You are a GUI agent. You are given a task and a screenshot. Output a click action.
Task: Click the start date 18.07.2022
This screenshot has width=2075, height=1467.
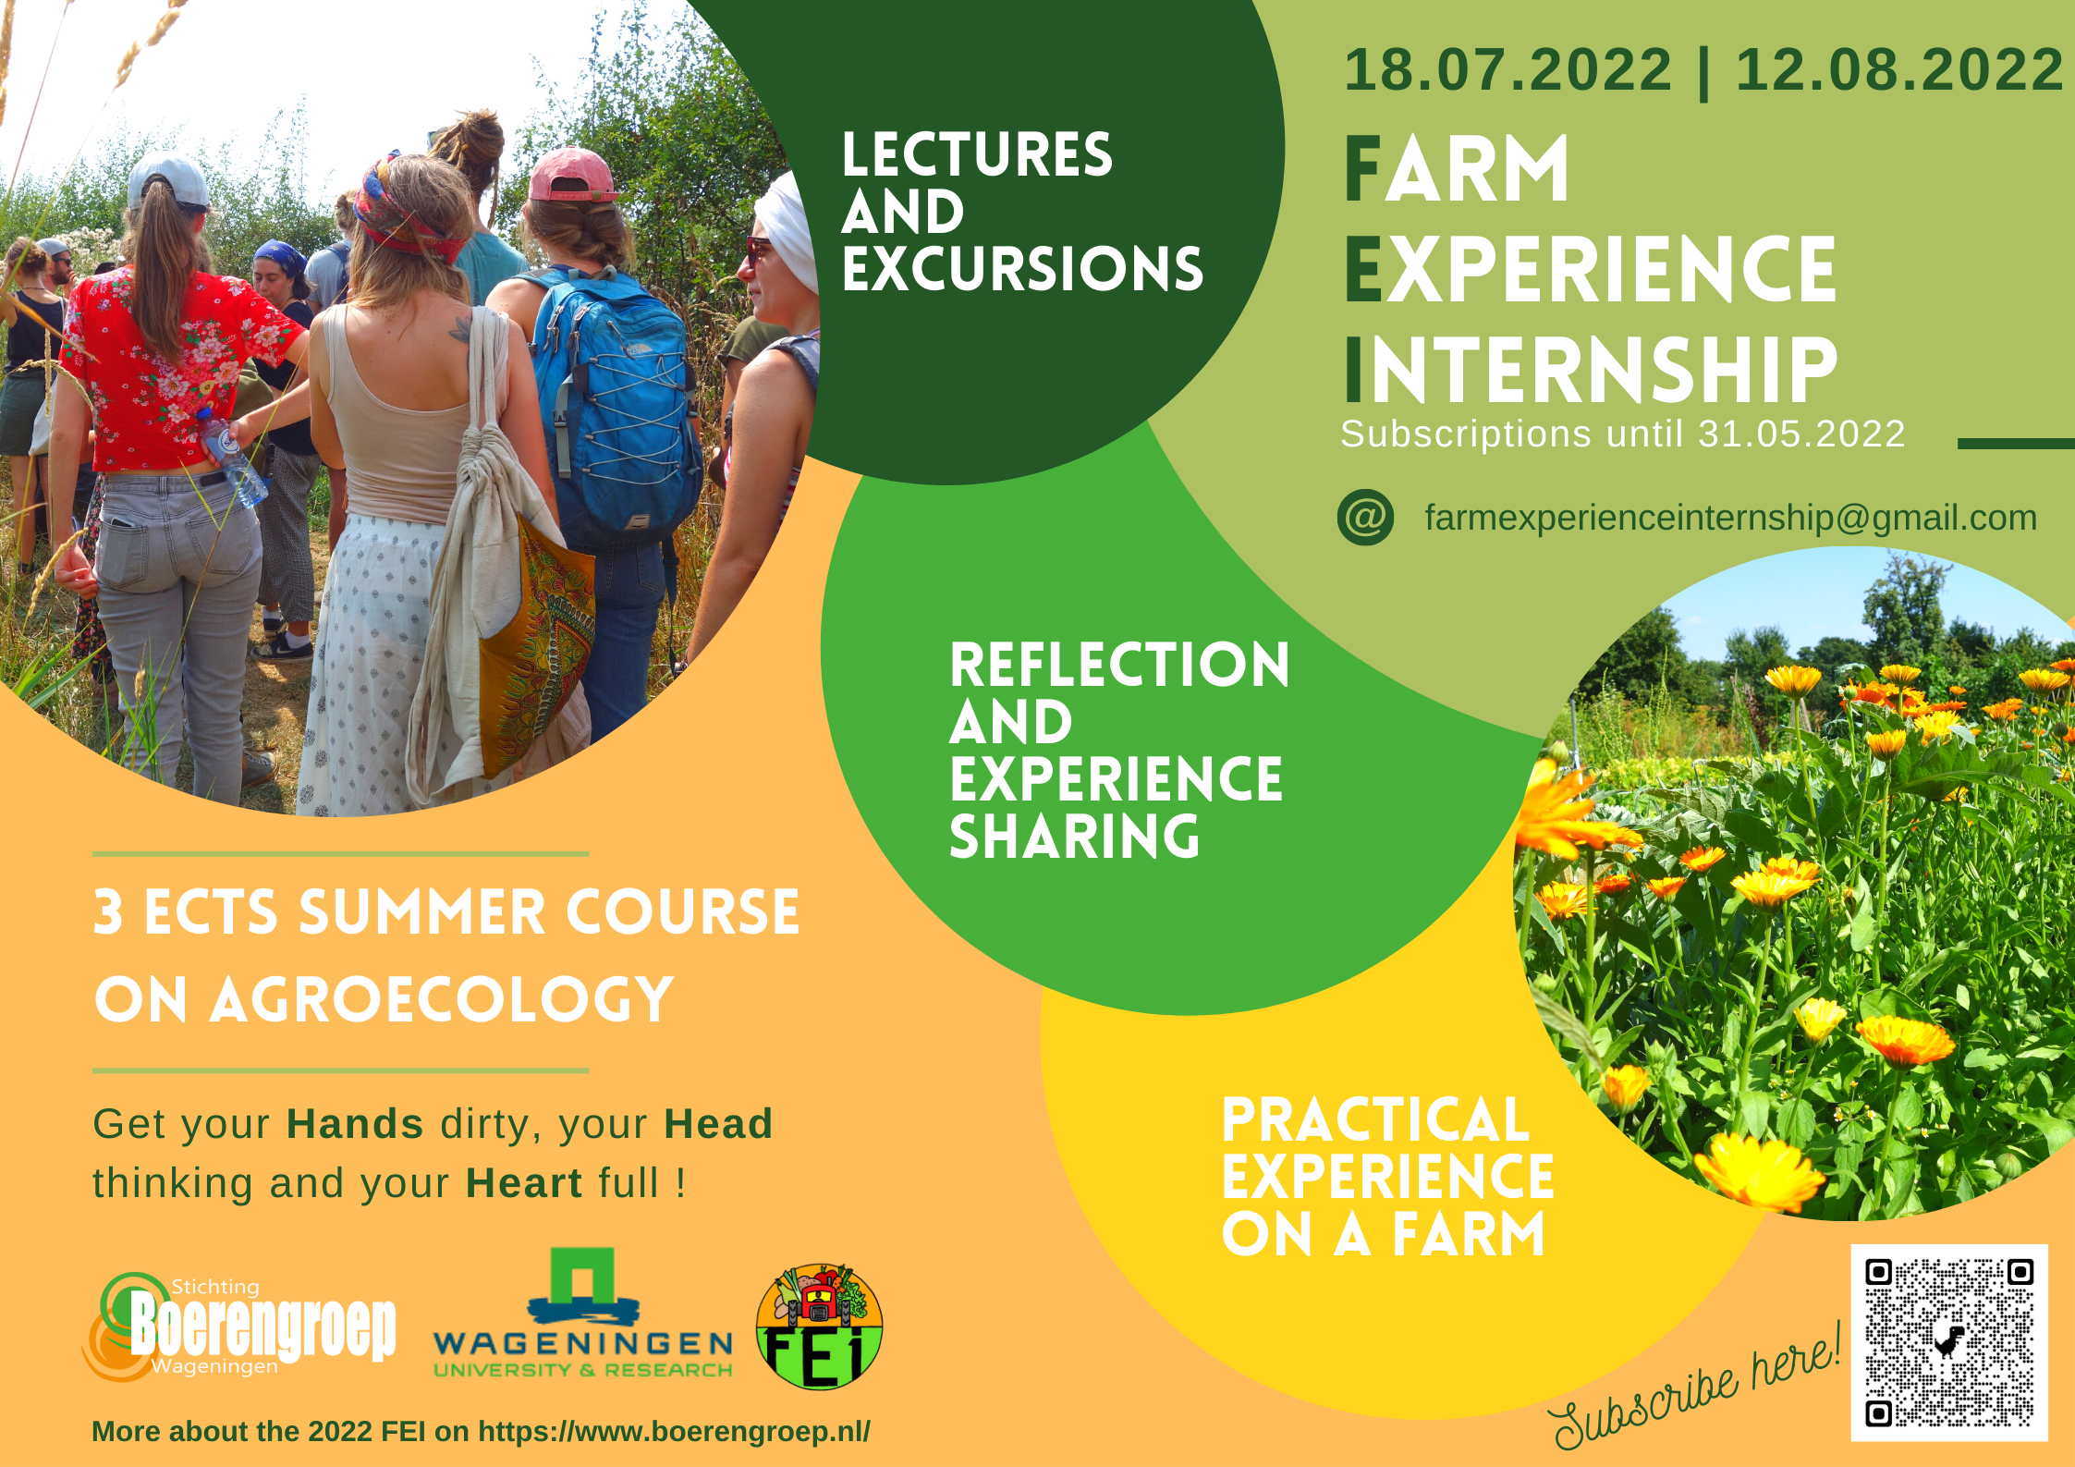[1507, 69]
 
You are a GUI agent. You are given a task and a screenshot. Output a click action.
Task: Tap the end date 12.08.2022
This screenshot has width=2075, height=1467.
[1899, 69]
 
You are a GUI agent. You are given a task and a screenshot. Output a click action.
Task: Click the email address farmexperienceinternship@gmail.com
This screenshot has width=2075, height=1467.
[1730, 518]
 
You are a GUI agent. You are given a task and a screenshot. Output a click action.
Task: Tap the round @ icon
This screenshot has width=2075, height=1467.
[1365, 517]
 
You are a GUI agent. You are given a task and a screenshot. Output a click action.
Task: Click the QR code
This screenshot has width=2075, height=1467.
[1949, 1342]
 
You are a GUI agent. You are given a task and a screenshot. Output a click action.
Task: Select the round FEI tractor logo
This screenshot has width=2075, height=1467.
[819, 1327]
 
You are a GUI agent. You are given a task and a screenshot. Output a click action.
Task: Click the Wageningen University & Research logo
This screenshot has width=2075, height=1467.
[583, 1313]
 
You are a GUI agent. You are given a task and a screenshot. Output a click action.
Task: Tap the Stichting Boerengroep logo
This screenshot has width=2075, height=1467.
[239, 1326]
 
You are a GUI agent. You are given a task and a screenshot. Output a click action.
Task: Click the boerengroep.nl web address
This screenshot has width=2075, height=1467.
[674, 1431]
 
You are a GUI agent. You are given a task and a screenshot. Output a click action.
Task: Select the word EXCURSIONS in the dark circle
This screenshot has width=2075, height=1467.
[1022, 268]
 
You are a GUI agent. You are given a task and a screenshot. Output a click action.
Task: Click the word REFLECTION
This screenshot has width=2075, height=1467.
[1119, 665]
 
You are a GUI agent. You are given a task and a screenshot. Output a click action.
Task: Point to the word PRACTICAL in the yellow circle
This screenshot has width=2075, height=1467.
[1375, 1119]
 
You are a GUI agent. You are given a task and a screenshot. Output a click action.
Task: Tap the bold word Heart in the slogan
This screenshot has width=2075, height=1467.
[524, 1182]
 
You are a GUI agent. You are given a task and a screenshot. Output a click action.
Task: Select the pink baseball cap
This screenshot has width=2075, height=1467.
[572, 175]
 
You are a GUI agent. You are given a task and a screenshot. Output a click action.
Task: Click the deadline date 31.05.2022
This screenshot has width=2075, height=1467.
[1801, 434]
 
